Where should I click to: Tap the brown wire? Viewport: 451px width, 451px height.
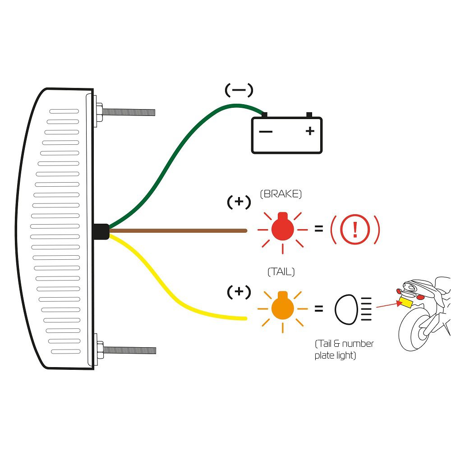pyautogui.click(x=180, y=230)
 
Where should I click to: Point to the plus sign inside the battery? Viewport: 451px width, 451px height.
pyautogui.click(x=309, y=131)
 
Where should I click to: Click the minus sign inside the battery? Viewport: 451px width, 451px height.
pyautogui.click(x=266, y=132)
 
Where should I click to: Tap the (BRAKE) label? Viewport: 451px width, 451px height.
pyautogui.click(x=281, y=194)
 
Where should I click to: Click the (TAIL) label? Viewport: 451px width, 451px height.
pyautogui.click(x=281, y=272)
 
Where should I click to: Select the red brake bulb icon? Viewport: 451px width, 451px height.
pyautogui.click(x=283, y=229)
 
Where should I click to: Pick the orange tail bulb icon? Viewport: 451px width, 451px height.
pyautogui.click(x=283, y=308)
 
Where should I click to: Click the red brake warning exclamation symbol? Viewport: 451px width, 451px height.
pyautogui.click(x=355, y=230)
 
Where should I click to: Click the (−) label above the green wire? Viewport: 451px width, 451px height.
pyautogui.click(x=239, y=90)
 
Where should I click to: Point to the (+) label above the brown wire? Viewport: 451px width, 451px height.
pyautogui.click(x=239, y=202)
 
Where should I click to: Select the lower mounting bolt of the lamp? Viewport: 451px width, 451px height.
pyautogui.click(x=129, y=350)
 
